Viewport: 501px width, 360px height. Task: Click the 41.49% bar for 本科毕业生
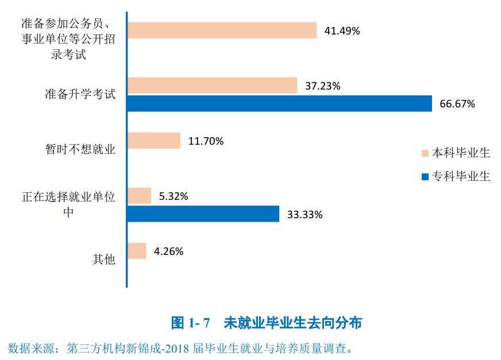(x=222, y=30)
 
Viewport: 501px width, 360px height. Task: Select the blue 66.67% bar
(x=279, y=104)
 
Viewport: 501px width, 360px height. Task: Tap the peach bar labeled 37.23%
(x=212, y=86)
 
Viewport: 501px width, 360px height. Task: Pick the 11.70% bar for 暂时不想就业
(x=154, y=141)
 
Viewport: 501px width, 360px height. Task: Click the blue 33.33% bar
(x=203, y=214)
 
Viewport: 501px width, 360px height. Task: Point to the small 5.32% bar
(x=139, y=196)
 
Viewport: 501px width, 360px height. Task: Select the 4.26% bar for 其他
(x=137, y=251)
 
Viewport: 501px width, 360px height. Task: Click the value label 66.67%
(x=457, y=104)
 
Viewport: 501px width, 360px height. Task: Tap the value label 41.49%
(x=342, y=31)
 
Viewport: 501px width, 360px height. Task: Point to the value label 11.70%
(x=206, y=141)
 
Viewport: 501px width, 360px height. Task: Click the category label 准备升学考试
(x=80, y=94)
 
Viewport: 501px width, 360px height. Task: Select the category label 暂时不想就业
(x=80, y=149)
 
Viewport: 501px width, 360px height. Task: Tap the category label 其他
(x=104, y=260)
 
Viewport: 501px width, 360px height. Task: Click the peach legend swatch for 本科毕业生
(x=425, y=153)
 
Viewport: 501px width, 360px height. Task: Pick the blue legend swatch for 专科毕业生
(x=425, y=176)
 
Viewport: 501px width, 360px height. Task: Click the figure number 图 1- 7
(x=191, y=323)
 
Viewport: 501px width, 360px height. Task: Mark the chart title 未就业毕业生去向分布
(x=292, y=323)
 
